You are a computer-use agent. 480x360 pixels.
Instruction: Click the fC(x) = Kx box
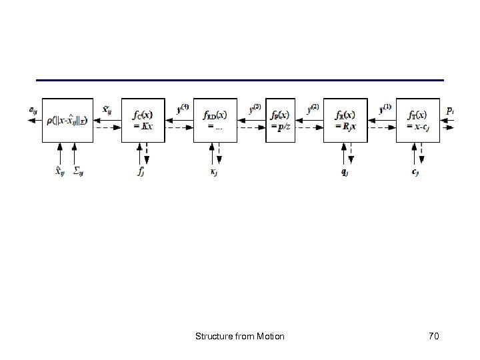[x=143, y=120]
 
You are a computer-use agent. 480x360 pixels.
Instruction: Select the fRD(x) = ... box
[x=215, y=120]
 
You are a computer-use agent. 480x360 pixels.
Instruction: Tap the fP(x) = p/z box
[x=280, y=120]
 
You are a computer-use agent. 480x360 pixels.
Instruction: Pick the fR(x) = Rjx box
[x=345, y=120]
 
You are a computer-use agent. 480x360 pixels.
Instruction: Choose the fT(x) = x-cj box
[x=418, y=120]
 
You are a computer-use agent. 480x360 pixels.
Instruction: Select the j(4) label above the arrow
[x=183, y=106]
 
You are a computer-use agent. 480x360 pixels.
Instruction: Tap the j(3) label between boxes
[x=255, y=106]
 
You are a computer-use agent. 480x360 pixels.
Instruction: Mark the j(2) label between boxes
[x=313, y=106]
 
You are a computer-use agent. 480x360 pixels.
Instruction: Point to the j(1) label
[x=385, y=106]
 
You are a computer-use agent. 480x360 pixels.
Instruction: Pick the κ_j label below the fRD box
[x=215, y=171]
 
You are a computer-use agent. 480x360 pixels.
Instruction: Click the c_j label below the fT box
[x=416, y=171]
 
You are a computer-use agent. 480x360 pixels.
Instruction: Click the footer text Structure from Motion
[x=240, y=336]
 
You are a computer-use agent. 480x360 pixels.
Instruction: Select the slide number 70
[x=433, y=336]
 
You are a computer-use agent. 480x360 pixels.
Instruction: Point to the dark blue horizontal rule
[x=239, y=80]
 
